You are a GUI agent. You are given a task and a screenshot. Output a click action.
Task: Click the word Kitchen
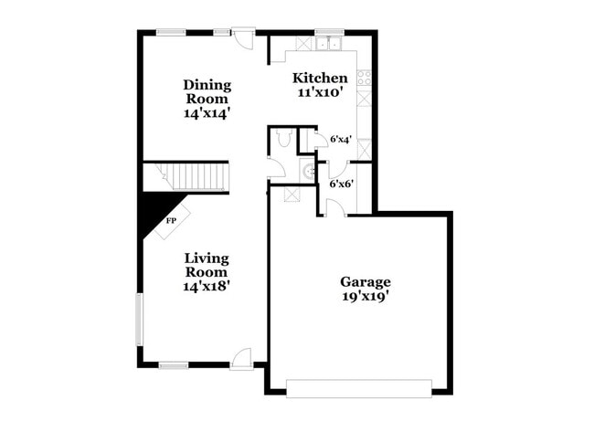click(319, 79)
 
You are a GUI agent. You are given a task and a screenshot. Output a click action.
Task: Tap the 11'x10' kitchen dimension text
click(319, 93)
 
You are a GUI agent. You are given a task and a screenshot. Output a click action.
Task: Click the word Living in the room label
click(206, 258)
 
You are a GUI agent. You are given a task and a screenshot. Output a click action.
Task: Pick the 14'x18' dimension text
click(206, 286)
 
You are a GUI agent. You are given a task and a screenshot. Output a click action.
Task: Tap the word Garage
click(366, 281)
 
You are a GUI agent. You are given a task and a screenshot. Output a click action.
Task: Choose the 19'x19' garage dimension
click(366, 296)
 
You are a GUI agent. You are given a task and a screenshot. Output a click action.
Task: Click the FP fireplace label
click(170, 221)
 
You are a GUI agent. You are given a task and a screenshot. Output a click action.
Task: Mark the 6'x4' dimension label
click(341, 140)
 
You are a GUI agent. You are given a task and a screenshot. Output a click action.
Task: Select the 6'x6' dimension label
click(341, 184)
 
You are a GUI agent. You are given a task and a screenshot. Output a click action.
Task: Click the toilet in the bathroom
click(282, 139)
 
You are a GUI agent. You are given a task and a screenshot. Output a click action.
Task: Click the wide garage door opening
click(357, 387)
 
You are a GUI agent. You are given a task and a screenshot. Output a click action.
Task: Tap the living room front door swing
click(242, 359)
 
